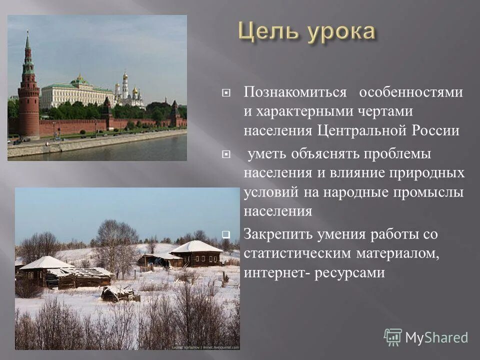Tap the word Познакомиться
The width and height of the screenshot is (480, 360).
[295, 92]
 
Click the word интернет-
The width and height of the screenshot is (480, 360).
[275, 273]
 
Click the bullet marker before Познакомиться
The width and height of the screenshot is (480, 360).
[226, 93]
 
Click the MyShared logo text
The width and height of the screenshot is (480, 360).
[436, 337]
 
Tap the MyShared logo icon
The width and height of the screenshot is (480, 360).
[393, 337]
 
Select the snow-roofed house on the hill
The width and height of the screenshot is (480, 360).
[195, 253]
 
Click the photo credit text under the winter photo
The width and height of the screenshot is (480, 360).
[205, 347]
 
